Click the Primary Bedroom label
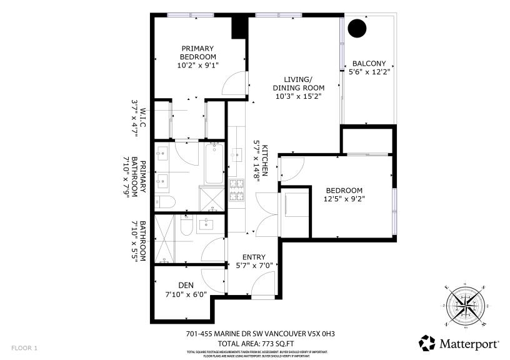coord(197,52)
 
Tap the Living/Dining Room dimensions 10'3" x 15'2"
coord(298,96)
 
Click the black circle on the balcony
coord(356,28)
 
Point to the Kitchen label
coord(265,160)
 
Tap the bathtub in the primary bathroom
coord(214,164)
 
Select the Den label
coord(186,285)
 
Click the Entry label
coord(254,257)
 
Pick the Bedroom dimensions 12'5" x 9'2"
coord(344,199)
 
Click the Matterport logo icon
coord(427,343)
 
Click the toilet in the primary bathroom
coord(165,201)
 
